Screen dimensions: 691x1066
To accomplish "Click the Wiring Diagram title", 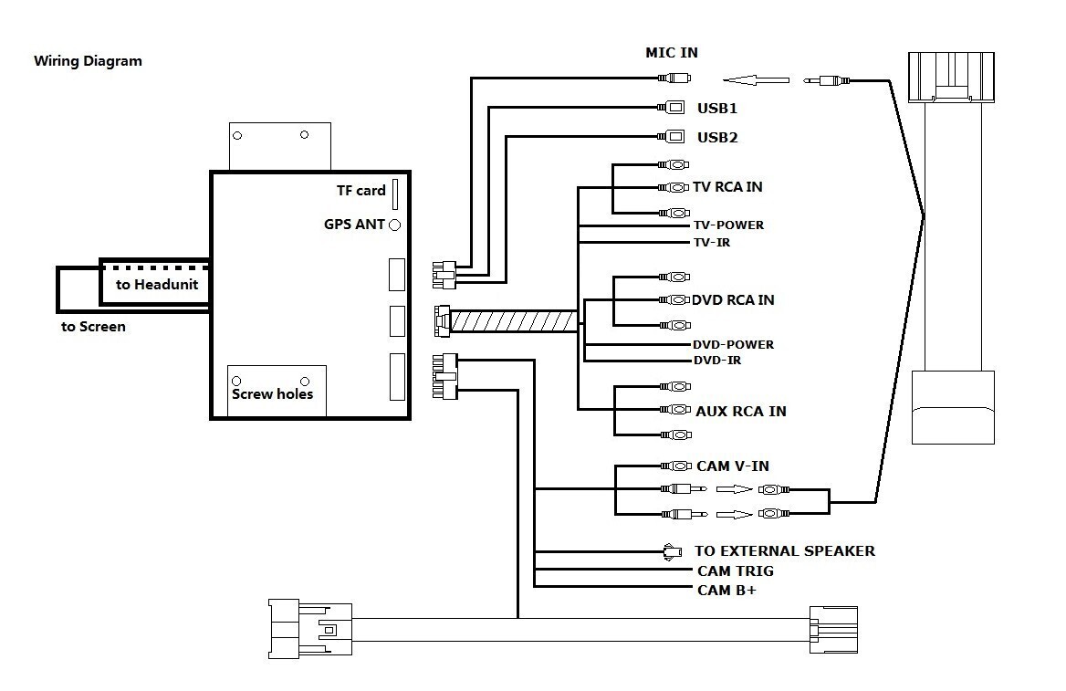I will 88,61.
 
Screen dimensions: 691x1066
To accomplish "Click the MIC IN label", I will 672,53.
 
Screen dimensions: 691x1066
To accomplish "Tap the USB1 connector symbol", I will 674,108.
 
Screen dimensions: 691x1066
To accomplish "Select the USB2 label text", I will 717,138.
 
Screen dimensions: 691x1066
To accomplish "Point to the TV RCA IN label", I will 727,187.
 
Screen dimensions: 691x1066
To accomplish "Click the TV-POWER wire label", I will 728,225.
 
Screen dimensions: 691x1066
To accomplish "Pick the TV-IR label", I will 712,242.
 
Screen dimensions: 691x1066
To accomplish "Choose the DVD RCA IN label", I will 733,299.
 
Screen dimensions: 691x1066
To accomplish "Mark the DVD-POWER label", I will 733,344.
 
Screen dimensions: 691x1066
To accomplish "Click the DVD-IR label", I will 716,361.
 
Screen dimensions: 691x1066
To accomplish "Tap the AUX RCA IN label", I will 740,411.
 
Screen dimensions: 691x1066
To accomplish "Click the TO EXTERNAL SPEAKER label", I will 785,550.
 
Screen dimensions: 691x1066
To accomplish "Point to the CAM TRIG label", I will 736,571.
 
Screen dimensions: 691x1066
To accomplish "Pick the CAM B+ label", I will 726,590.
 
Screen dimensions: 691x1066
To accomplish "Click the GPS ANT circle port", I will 396,225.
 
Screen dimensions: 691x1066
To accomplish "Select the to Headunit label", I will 157,284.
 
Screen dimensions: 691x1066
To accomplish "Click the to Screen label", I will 94,326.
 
